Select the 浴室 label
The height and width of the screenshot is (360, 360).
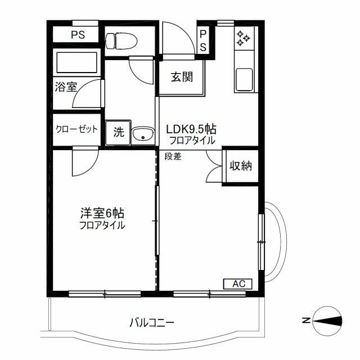[x=66, y=87]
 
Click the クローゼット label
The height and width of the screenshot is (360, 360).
[x=76, y=129]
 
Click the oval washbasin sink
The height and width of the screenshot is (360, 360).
[x=143, y=134]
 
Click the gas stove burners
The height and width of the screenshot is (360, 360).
[x=244, y=37]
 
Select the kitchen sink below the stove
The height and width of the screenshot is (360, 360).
[x=245, y=79]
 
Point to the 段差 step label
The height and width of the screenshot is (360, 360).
[x=173, y=156]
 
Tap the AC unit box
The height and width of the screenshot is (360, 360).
[x=238, y=284]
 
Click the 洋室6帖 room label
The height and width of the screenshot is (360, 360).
[x=102, y=214]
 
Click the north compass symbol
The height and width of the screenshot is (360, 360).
[x=328, y=321]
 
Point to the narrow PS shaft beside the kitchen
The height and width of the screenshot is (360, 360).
[x=203, y=40]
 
